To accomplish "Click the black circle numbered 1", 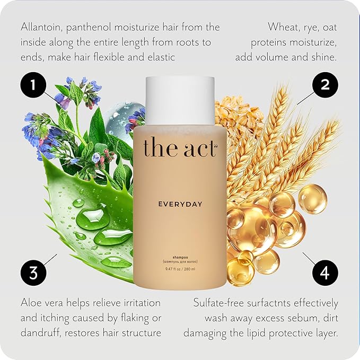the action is pos(33,85).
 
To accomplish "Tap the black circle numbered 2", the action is pos(325,85).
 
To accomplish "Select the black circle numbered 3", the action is pos(33,273).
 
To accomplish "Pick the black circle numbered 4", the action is pos(325,273).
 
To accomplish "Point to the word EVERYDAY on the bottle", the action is pos(180,204).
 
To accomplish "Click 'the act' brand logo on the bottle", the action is pos(180,147).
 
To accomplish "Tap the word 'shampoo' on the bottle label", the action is pos(180,258).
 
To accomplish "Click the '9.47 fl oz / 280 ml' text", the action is pos(180,269).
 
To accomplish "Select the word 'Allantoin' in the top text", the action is pos(41,27).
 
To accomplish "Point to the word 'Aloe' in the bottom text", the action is pos(31,303).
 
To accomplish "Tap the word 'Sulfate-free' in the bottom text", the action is pos(218,303).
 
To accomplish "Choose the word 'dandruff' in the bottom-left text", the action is pos(41,333).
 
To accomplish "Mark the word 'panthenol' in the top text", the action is pos(89,28).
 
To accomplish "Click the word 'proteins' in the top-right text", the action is pos(268,43).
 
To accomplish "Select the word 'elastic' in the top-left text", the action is pos(162,57).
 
